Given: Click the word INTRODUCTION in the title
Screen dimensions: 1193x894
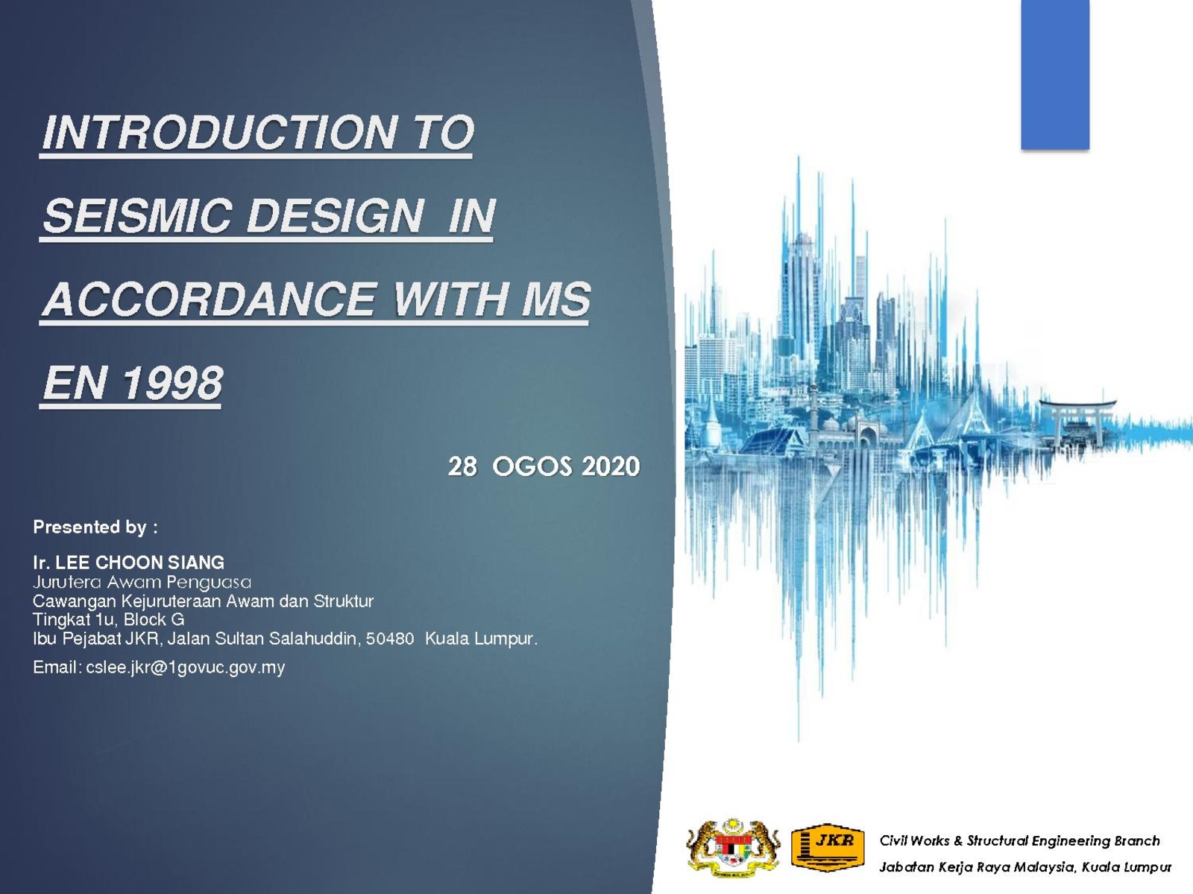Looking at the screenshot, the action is [219, 133].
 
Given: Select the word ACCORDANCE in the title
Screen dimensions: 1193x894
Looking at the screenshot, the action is [210, 299].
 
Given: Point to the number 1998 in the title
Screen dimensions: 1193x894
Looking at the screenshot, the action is [172, 383].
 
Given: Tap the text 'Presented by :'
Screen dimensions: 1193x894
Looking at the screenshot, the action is [95, 527].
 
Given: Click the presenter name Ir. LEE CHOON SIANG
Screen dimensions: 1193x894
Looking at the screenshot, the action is [129, 562].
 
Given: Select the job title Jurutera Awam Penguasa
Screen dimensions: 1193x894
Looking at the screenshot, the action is [142, 582].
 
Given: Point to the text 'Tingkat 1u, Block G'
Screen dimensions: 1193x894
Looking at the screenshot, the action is [109, 619].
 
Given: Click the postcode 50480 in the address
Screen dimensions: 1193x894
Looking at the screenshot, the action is [390, 638].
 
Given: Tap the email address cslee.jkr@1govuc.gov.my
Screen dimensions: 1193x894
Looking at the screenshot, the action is [186, 667].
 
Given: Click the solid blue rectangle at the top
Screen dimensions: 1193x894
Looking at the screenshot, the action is [1055, 74].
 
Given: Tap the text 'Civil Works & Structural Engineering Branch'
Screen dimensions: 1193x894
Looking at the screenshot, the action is [1019, 841].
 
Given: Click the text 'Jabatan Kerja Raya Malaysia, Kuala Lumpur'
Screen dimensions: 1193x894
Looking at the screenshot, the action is [1025, 867].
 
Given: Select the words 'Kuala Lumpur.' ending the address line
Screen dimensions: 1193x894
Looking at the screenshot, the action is [481, 639].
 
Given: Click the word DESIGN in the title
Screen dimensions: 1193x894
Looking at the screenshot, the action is [335, 215].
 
